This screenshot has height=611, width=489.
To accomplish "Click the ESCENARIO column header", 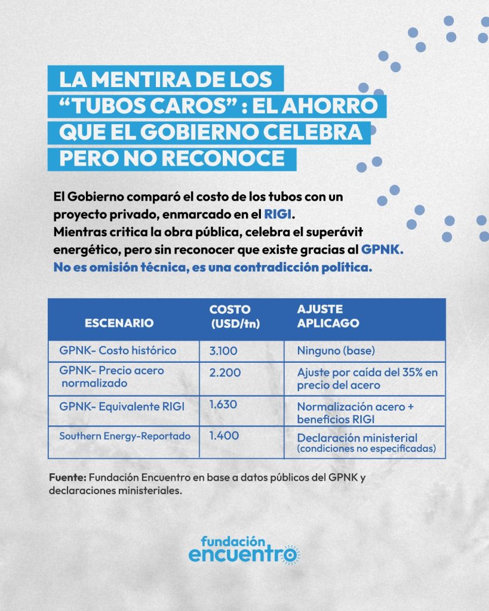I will (x=119, y=323).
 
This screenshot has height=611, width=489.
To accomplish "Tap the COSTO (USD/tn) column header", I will (x=230, y=316).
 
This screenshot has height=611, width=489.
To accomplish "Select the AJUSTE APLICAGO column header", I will (x=328, y=316).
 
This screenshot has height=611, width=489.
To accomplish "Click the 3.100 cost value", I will (x=223, y=350).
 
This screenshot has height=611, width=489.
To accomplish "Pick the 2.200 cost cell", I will (x=225, y=373).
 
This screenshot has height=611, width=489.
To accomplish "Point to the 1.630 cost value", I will (x=223, y=405).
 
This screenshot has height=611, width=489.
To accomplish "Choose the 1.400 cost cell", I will (x=224, y=436).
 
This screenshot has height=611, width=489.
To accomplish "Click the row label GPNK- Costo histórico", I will (x=118, y=350).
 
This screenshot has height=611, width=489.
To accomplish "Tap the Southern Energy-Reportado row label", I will (x=125, y=436).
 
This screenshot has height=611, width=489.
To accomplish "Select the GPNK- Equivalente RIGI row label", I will (x=122, y=407).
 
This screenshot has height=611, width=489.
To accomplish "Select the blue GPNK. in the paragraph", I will (x=382, y=251).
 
